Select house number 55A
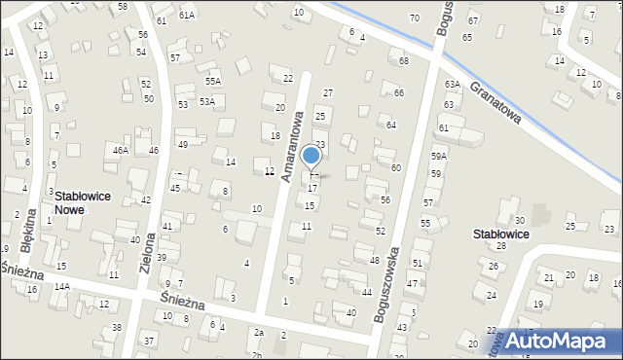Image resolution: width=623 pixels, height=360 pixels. click(213, 82)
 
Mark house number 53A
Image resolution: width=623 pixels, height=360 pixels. click(207, 101)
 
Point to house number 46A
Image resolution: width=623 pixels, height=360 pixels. click(121, 150)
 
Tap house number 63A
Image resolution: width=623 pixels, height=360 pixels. click(452, 85)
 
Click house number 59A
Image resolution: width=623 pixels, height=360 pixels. click(439, 156)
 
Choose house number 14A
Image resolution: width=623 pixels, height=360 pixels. click(62, 287)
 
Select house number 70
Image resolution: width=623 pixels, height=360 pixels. click(415, 18)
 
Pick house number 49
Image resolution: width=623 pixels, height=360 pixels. click(182, 144)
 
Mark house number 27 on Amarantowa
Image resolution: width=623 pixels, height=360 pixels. click(328, 92)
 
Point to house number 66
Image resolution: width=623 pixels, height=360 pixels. click(399, 92)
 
